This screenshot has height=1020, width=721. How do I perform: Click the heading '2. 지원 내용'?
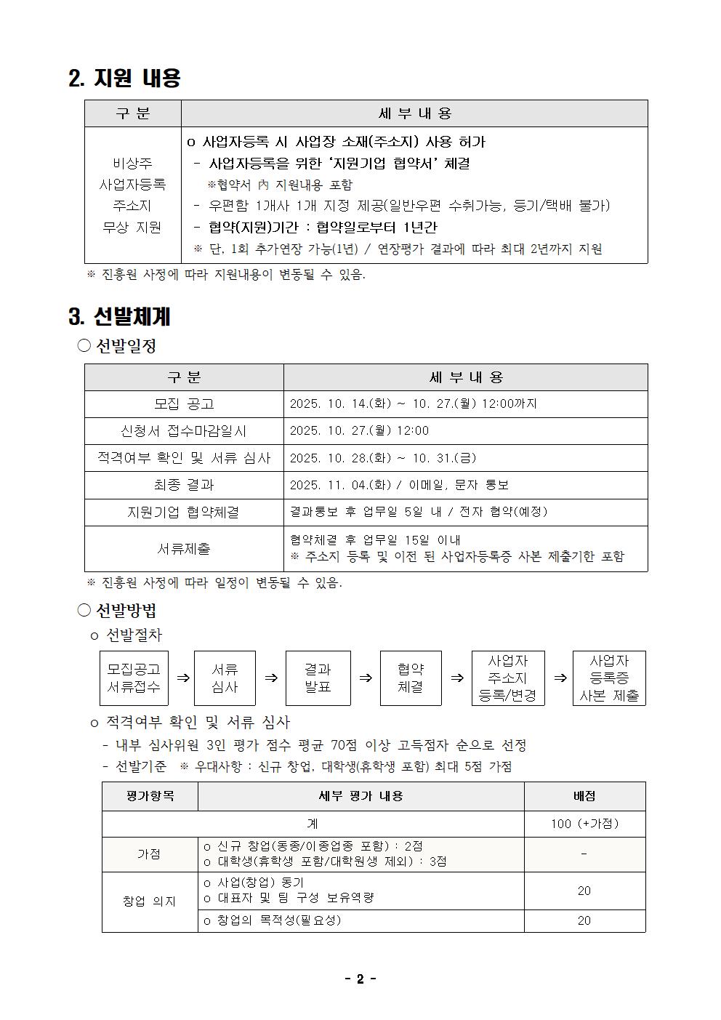(124, 78)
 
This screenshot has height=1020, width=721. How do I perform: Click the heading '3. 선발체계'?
(120, 317)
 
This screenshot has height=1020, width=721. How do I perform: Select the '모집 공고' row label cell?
(184, 403)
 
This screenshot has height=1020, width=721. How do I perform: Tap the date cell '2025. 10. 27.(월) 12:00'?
(359, 430)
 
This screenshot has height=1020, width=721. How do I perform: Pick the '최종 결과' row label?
(184, 485)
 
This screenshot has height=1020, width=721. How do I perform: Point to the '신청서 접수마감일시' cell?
(184, 430)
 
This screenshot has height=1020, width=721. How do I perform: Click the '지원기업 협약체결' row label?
(184, 512)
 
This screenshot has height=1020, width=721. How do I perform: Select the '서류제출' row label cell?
(184, 548)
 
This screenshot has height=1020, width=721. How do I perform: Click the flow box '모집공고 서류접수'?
(134, 678)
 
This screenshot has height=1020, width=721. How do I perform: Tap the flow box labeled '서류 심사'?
(225, 678)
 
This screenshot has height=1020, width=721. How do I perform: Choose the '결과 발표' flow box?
(318, 678)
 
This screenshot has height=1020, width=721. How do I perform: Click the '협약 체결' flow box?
(411, 678)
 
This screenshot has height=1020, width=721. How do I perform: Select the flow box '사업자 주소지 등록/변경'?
(507, 678)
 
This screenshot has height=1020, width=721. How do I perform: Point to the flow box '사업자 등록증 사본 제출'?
(609, 678)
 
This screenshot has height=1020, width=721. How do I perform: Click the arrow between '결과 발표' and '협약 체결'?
(366, 678)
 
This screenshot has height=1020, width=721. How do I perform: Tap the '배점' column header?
(584, 796)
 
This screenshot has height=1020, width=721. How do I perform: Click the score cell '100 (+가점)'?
(584, 824)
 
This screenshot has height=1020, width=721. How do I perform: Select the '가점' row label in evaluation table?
(149, 854)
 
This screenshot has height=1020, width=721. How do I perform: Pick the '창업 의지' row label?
(149, 901)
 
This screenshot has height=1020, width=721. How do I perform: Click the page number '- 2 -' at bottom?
(360, 979)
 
